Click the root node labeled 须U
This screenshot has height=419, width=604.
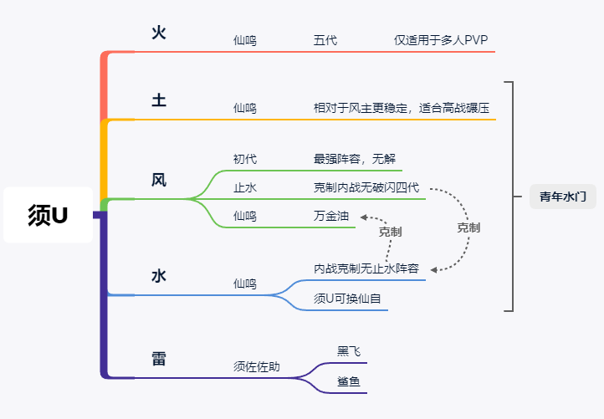pyautogui.click(x=49, y=215)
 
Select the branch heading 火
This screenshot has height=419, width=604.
pyautogui.click(x=159, y=33)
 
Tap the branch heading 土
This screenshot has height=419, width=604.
pyautogui.click(x=159, y=100)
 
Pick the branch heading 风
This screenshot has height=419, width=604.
pyautogui.click(x=159, y=180)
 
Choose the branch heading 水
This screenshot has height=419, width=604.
pyautogui.click(x=159, y=276)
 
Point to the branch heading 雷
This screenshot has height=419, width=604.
pyautogui.click(x=159, y=359)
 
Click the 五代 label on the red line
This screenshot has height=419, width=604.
pyautogui.click(x=325, y=40)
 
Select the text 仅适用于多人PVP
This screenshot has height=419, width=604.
pyautogui.click(x=441, y=40)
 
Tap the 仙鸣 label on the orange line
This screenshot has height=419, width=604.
pyautogui.click(x=244, y=108)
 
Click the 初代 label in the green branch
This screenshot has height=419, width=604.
pyautogui.click(x=244, y=159)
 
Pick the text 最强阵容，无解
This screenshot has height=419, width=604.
pyautogui.click(x=355, y=159)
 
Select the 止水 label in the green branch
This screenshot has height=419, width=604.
pyautogui.click(x=244, y=187)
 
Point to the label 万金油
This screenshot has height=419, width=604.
pyautogui.click(x=331, y=216)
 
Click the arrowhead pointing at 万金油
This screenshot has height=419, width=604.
pyautogui.click(x=363, y=217)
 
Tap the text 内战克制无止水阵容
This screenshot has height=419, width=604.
pyautogui.click(x=366, y=268)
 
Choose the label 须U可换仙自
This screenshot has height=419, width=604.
pyautogui.click(x=347, y=299)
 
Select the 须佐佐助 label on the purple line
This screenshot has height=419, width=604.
pyautogui.click(x=257, y=366)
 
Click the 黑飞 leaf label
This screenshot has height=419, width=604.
pyautogui.click(x=349, y=351)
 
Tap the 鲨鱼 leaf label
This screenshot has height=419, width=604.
pyautogui.click(x=349, y=381)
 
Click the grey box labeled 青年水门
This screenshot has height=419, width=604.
pyautogui.click(x=563, y=197)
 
